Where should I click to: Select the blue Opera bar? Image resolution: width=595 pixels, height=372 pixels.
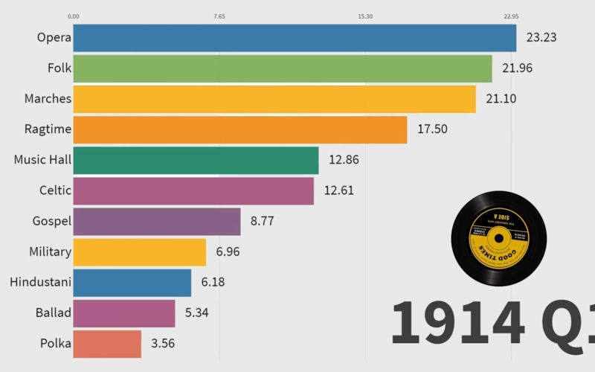pos(295,38)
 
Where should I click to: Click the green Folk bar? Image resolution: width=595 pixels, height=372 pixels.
pos(283,68)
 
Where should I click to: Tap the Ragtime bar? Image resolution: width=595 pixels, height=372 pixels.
pos(240,129)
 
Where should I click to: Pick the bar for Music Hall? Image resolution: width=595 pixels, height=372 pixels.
pos(196,160)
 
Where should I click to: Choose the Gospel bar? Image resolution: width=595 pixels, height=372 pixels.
pos(157,221)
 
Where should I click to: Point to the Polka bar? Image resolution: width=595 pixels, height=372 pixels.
pos(108,344)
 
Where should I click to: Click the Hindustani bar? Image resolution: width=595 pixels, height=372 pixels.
pos(132,283)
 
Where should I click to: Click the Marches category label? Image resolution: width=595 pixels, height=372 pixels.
pos(48,99)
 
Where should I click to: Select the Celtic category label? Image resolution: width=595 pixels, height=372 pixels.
pos(55,190)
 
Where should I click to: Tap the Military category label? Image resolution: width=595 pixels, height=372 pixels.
pos(50,251)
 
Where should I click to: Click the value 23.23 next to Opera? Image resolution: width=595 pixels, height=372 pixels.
pos(541,38)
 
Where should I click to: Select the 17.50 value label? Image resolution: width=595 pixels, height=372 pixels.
pos(432,129)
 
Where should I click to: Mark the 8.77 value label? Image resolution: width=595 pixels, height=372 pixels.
pos(266,221)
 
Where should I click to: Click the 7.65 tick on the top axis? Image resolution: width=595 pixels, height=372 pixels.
pos(219,16)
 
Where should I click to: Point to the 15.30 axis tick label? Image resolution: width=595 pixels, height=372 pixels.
pos(365,16)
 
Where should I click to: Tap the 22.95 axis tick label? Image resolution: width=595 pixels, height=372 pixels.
pos(511,16)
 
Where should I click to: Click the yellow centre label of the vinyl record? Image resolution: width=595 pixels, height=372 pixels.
pos(499,237)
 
